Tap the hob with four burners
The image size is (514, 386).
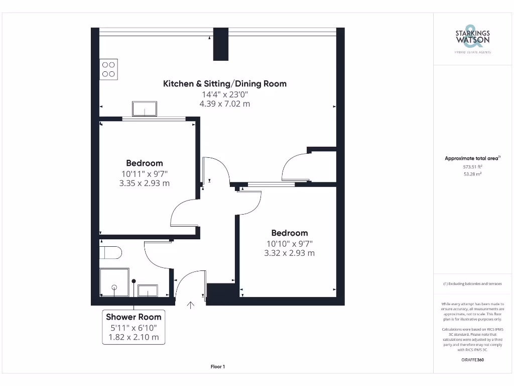[108, 69]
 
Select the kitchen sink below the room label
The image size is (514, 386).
[145, 109]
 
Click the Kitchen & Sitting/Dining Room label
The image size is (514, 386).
[225, 83]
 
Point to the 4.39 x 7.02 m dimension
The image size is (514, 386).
[225, 104]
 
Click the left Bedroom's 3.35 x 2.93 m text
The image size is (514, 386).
[145, 183]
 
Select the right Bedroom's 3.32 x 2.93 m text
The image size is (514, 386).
[290, 253]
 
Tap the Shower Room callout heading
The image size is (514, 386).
[134, 317]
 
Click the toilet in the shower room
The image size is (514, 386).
[110, 252]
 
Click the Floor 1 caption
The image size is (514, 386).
[218, 367]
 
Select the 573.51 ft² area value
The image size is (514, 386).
[472, 167]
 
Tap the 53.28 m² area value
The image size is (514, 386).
[472, 174]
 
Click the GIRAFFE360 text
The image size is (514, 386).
[472, 360]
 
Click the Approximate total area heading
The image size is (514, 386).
[472, 158]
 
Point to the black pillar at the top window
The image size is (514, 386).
[220, 44]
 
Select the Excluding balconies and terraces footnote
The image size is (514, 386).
[472, 284]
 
